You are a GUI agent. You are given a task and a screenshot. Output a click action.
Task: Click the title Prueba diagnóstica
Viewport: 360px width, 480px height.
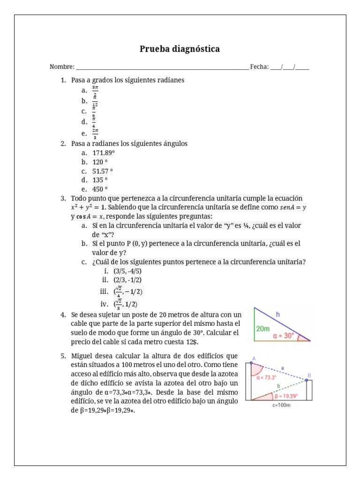(180, 49)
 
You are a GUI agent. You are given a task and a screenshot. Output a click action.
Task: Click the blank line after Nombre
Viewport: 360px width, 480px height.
(162, 67)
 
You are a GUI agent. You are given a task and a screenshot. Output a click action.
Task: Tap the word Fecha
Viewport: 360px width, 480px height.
(258, 67)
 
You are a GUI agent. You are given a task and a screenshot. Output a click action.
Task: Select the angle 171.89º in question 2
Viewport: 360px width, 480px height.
(104, 153)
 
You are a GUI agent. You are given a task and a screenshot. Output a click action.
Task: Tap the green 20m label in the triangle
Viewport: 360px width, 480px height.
(263, 329)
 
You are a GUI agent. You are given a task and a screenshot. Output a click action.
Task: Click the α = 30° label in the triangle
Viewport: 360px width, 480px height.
(284, 336)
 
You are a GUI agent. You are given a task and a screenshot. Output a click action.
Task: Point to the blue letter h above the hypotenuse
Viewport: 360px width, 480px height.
(277, 315)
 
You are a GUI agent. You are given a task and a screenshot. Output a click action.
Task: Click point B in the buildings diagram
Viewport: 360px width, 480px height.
(308, 375)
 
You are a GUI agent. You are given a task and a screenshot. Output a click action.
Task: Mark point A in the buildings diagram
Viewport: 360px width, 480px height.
(253, 360)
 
